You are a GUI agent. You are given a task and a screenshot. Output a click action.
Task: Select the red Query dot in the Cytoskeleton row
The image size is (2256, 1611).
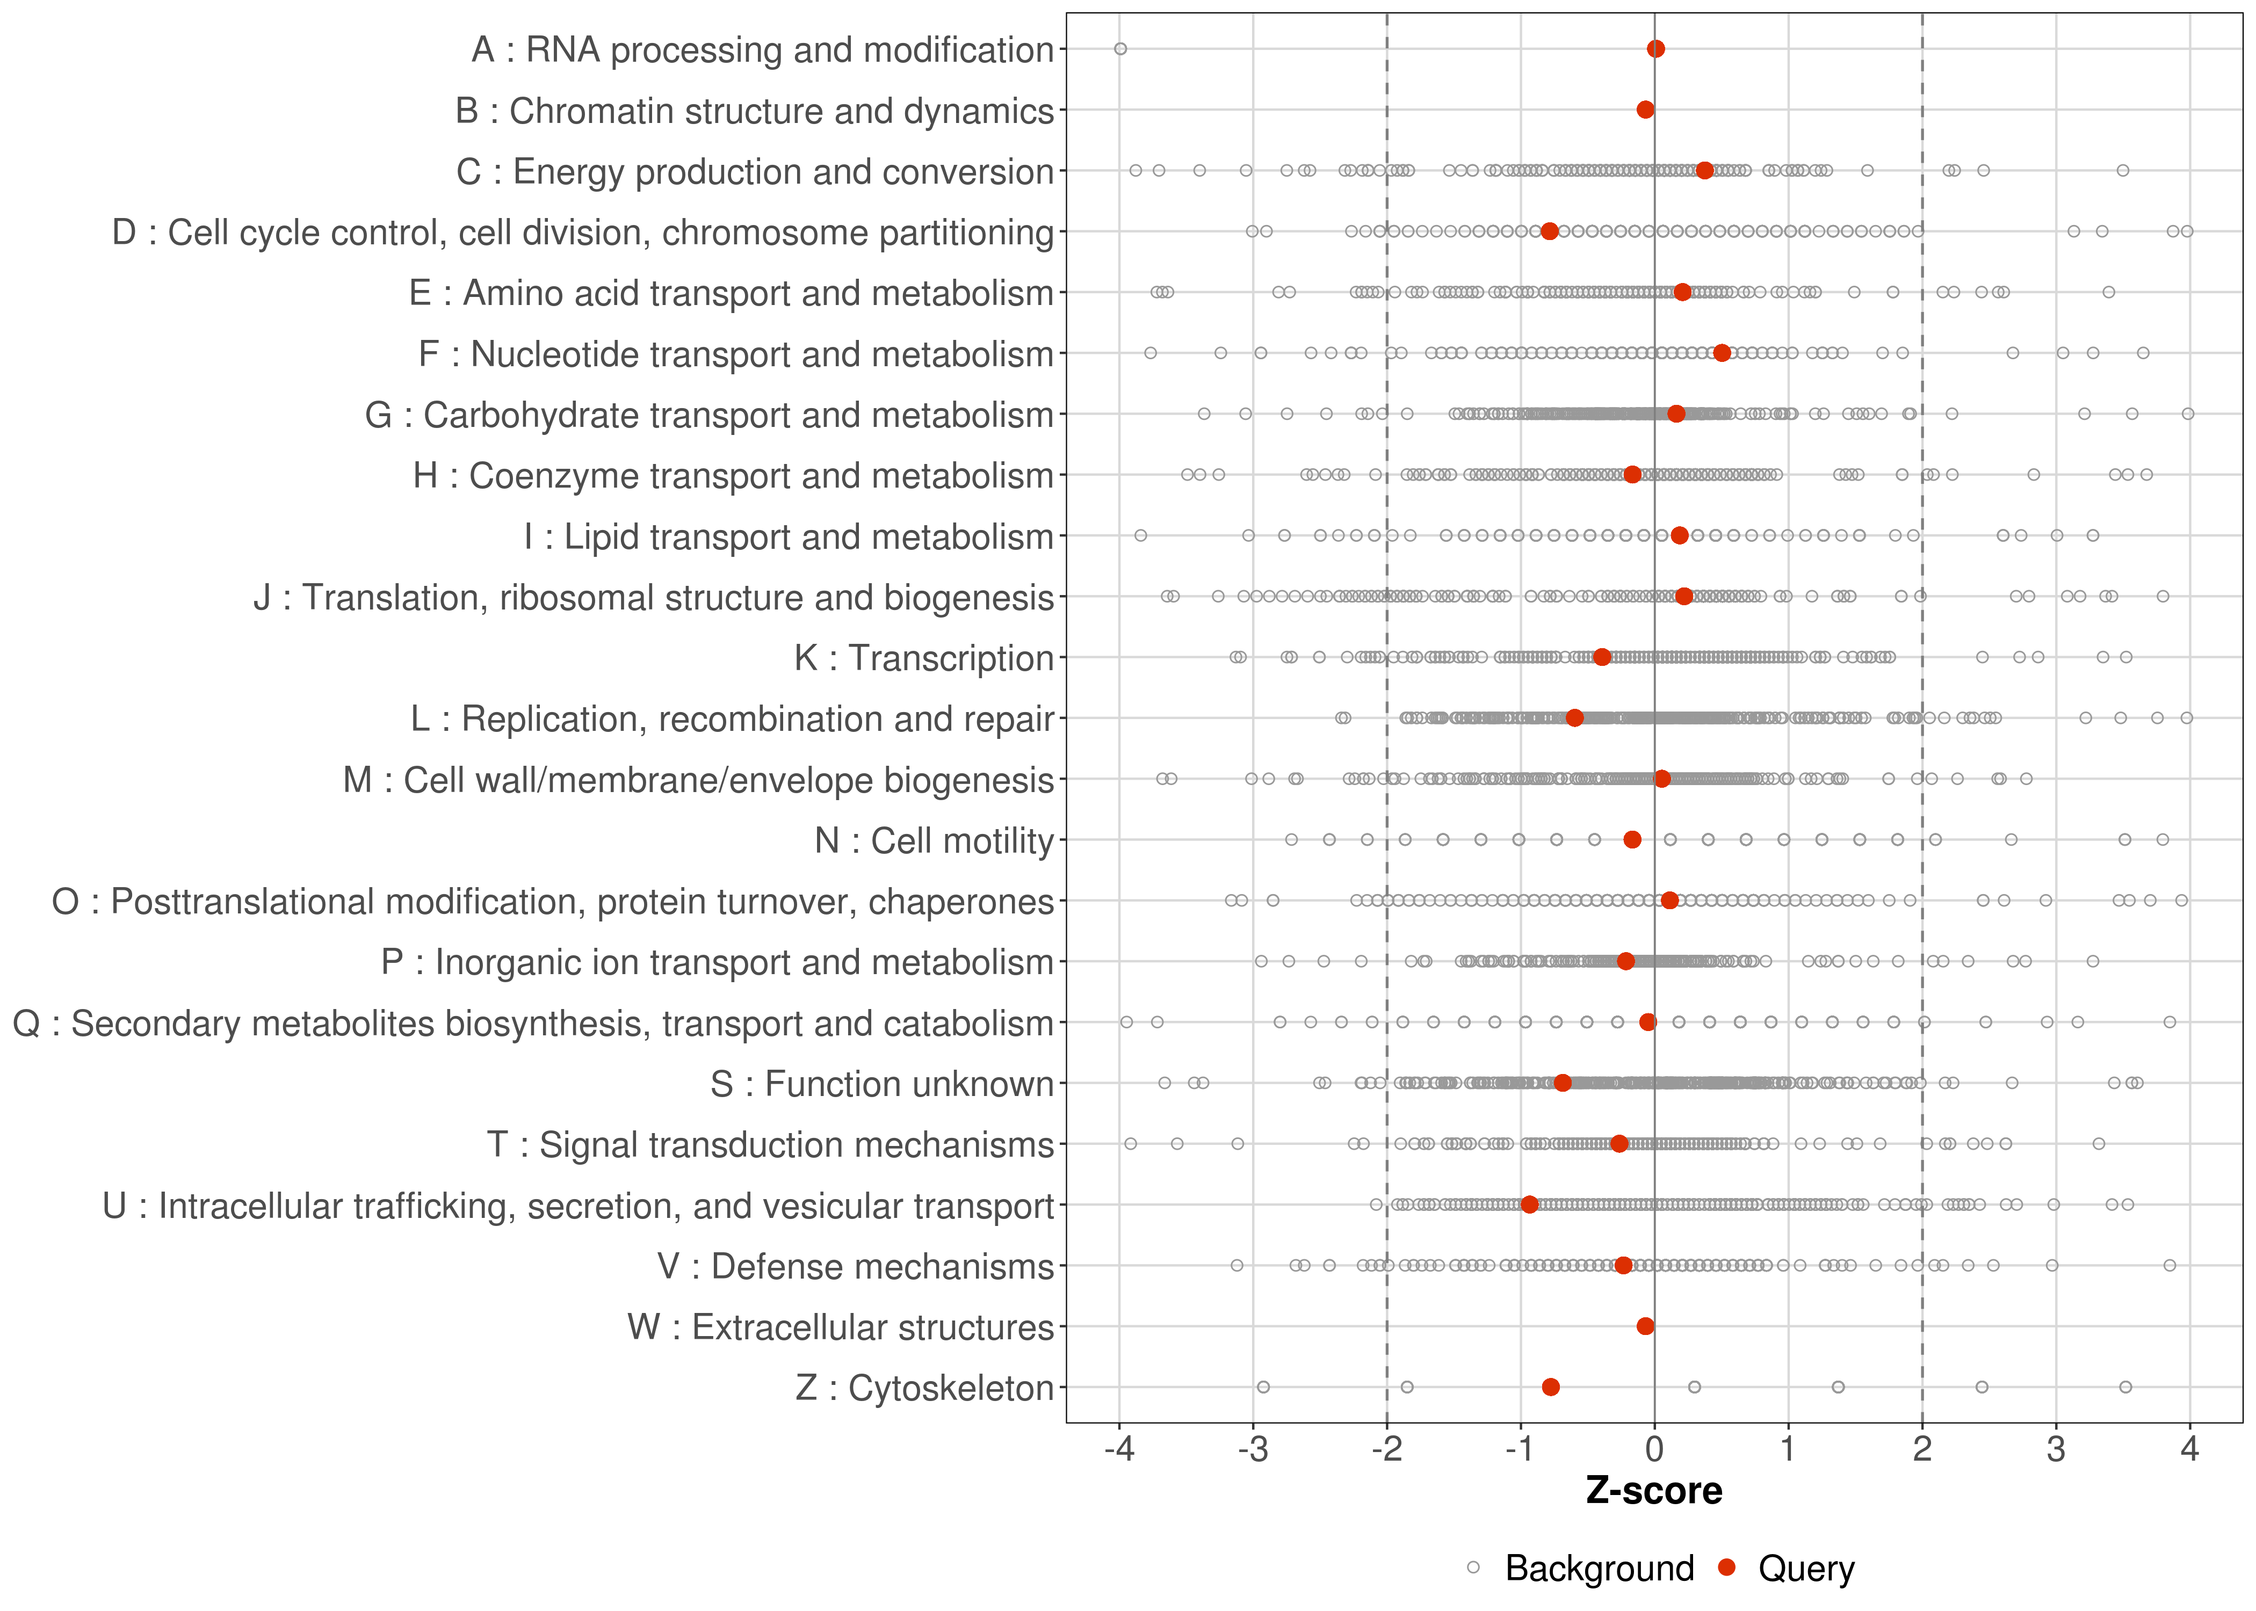(x=1551, y=1387)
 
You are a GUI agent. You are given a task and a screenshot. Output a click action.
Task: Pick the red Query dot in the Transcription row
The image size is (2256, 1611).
(x=1601, y=657)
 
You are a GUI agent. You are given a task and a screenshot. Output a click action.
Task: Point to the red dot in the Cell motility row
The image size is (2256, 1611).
(x=1632, y=839)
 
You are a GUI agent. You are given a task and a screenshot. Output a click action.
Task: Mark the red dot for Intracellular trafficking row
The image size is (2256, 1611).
(x=1529, y=1204)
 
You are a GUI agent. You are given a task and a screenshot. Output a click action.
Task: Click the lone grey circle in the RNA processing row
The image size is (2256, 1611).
(x=1120, y=49)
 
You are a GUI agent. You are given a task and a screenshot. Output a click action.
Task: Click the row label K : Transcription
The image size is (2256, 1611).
(x=924, y=658)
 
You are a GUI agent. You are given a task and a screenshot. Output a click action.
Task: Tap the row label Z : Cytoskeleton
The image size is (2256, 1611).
(x=924, y=1388)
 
